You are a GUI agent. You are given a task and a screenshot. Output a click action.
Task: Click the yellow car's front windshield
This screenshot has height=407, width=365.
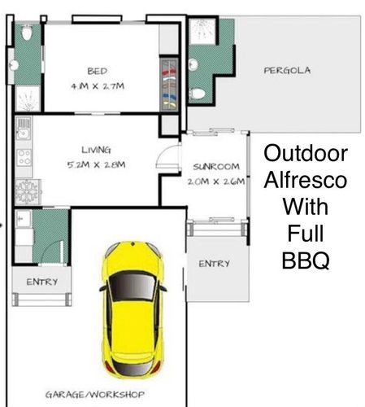(x=133, y=286)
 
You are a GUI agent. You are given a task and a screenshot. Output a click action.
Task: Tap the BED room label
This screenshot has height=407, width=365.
(x=98, y=71)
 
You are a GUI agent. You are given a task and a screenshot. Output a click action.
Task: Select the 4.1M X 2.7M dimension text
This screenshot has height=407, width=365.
(x=98, y=86)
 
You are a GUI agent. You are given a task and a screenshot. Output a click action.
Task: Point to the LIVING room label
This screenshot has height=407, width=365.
(x=96, y=150)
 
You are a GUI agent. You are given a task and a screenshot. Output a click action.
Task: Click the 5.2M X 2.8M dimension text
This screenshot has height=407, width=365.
(x=96, y=164)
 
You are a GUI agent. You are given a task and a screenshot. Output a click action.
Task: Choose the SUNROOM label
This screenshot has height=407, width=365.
(x=216, y=166)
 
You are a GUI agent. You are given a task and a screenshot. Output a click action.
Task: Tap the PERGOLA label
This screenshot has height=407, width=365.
(x=287, y=71)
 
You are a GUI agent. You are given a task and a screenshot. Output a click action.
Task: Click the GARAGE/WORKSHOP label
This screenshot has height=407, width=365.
(x=95, y=395)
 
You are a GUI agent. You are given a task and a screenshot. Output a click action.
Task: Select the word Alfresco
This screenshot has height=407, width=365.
(x=306, y=180)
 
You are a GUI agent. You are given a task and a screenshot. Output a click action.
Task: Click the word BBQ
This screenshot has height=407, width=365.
(x=306, y=260)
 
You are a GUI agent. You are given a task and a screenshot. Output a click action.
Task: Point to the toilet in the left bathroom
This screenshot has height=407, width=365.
(x=27, y=33)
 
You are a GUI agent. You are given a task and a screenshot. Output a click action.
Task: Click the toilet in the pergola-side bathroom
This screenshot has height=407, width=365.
(x=198, y=94)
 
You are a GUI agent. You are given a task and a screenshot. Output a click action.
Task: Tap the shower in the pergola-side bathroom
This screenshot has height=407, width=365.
(x=202, y=31)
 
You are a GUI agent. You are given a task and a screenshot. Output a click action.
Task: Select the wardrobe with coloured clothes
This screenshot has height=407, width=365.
(x=169, y=84)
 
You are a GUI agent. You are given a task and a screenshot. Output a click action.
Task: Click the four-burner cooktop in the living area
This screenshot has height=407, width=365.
(x=24, y=157)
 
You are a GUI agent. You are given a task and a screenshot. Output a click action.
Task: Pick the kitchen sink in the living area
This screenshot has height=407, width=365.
(x=24, y=128)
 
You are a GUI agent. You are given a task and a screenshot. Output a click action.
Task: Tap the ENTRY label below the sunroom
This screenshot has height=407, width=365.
(x=214, y=264)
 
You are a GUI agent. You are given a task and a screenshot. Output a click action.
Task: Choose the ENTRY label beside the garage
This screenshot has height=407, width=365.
(x=42, y=282)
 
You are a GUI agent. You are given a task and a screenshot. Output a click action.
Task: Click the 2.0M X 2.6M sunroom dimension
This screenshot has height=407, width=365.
(x=216, y=182)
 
